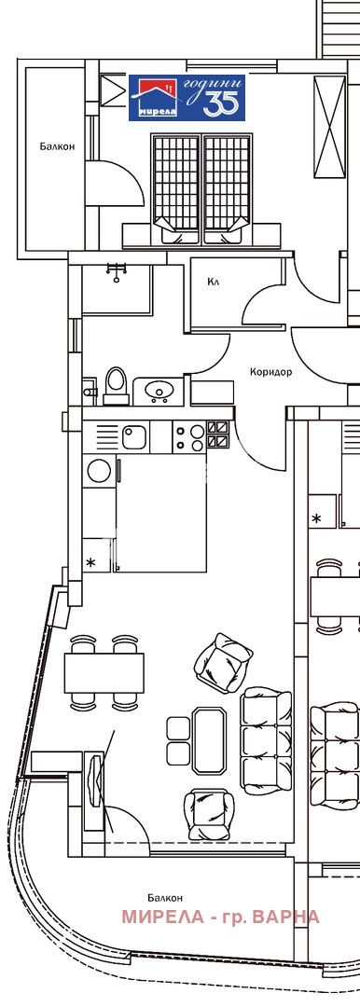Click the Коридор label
coord(270,371)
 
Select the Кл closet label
coord(214,281)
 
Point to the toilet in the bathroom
coord(116,384)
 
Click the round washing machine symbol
coord(99,471)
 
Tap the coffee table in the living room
coord(209,739)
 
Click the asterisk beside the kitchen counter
coord(91,562)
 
